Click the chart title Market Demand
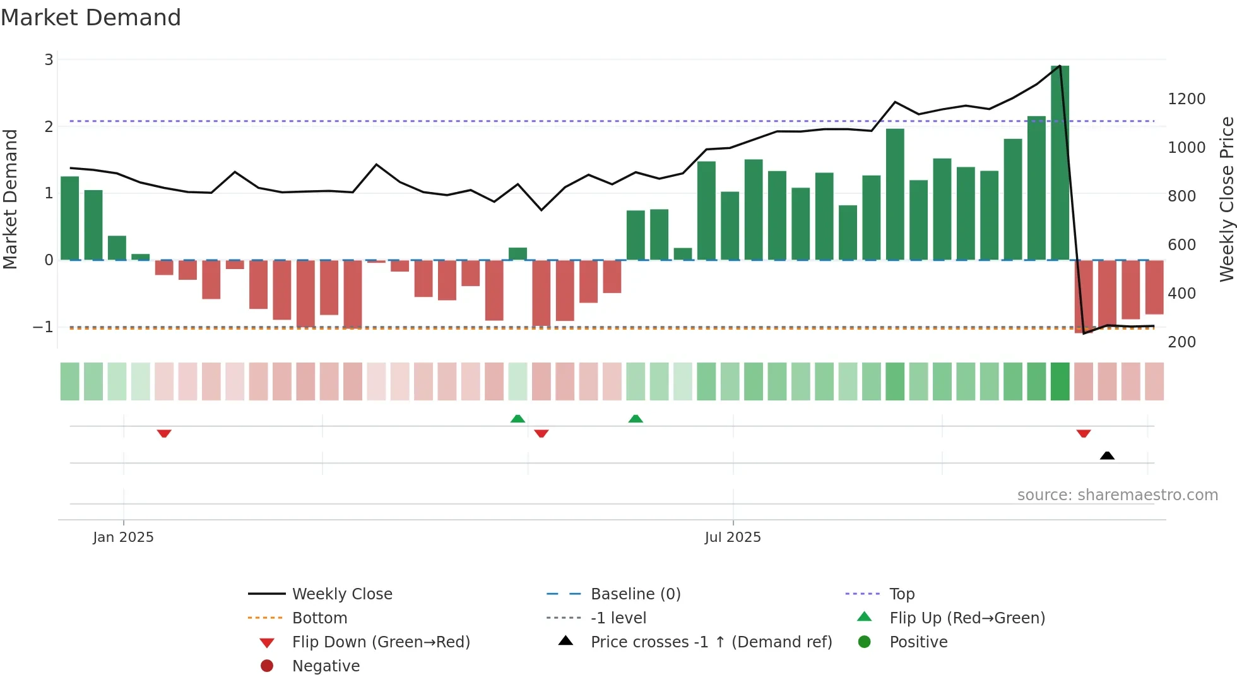(91, 18)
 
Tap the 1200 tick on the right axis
(1186, 99)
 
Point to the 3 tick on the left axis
(49, 60)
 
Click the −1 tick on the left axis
(44, 327)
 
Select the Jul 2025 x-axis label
(732, 537)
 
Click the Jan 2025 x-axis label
(123, 537)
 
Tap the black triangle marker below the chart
(1107, 455)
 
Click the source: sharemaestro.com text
(1117, 495)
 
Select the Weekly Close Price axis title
(1226, 199)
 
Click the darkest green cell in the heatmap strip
(1060, 381)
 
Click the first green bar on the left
(69, 218)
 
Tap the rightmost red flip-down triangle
(1084, 433)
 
